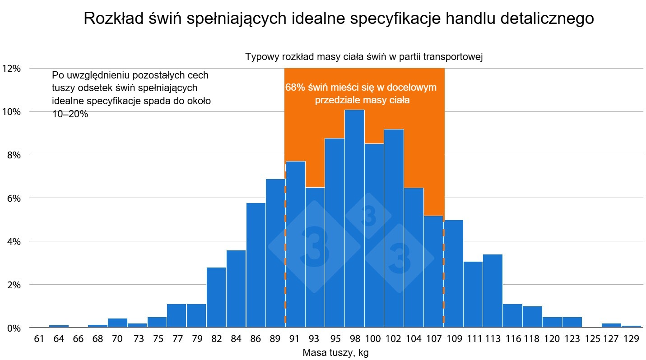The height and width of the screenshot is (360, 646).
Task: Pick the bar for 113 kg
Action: click(x=493, y=291)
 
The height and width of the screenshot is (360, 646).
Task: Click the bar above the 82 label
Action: click(x=216, y=297)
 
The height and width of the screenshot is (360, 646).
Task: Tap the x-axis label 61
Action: click(x=39, y=339)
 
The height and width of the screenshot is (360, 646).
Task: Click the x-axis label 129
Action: click(x=631, y=339)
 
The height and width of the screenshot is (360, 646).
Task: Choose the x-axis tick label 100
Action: click(x=373, y=339)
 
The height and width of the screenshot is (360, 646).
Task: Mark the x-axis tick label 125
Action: click(x=592, y=339)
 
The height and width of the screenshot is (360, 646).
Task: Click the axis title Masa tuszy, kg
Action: click(x=335, y=353)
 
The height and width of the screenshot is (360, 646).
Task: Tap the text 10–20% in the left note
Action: click(x=70, y=114)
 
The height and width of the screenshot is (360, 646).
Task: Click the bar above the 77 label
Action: click(x=177, y=316)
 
